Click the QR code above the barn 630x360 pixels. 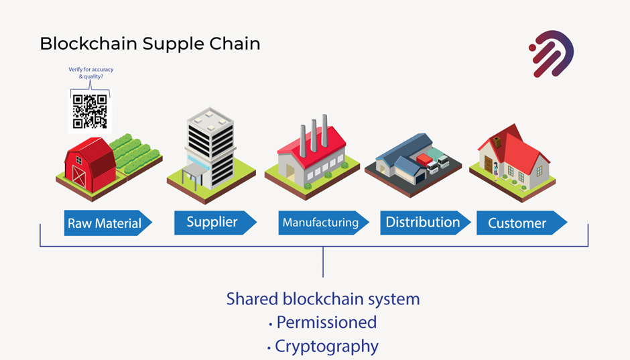point(90,111)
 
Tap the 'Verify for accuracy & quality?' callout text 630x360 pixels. point(90,72)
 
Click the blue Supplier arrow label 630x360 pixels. point(215,223)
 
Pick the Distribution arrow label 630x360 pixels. point(426,223)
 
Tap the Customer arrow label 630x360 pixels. point(522,223)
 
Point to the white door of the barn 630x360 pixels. point(79,176)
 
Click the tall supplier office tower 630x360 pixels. point(210,149)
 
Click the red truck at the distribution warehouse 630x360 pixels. point(424,160)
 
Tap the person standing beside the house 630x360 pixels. point(496,171)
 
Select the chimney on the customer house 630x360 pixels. point(497,142)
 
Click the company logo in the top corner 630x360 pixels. point(551,54)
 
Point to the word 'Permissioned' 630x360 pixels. point(326,322)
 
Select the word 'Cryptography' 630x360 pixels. point(326,347)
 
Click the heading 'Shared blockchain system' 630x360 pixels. point(323,300)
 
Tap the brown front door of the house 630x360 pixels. point(488,165)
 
